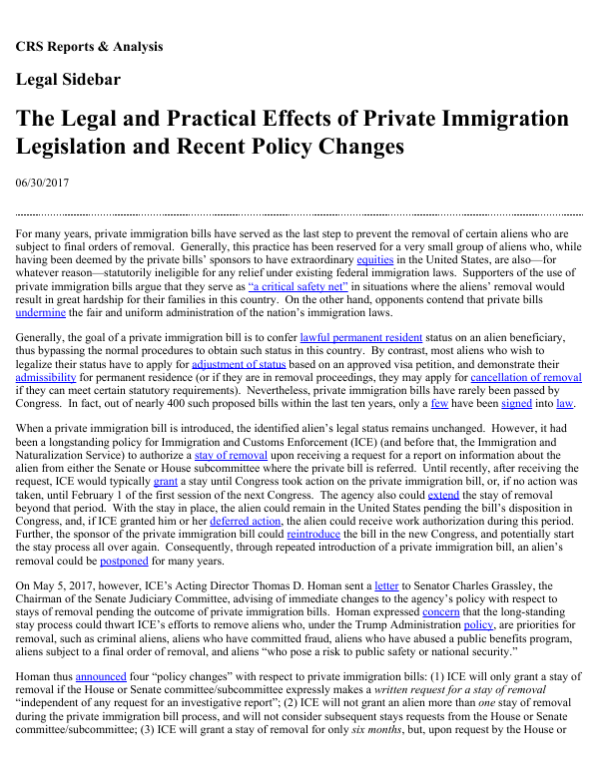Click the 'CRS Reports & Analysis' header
point(89,47)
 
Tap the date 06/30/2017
point(42,183)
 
